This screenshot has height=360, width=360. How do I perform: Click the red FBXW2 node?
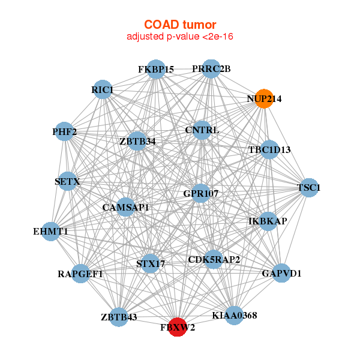pyautogui.click(x=177, y=327)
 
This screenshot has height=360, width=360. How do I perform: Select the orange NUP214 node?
pyautogui.click(x=264, y=98)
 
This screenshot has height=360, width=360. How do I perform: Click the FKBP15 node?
pyautogui.click(x=156, y=70)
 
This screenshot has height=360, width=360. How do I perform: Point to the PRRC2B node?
pyautogui.click(x=211, y=69)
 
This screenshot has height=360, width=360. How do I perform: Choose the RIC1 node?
pyautogui.click(x=103, y=90)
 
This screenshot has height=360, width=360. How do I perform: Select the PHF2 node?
pyautogui.click(x=65, y=131)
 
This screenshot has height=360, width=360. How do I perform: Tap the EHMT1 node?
pyautogui.click(x=50, y=231)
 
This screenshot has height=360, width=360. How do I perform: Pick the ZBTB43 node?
pyautogui.click(x=119, y=317)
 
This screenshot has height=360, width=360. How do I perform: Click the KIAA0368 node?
pyautogui.click(x=235, y=314)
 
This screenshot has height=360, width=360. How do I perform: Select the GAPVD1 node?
pyautogui.click(x=281, y=274)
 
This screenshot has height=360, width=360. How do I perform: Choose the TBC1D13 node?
pyautogui.click(x=269, y=149)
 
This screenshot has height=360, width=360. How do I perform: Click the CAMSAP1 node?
pyautogui.click(x=125, y=208)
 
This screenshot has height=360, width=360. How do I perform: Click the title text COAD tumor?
pyautogui.click(x=179, y=24)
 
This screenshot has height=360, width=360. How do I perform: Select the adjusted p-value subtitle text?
pyautogui.click(x=179, y=37)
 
